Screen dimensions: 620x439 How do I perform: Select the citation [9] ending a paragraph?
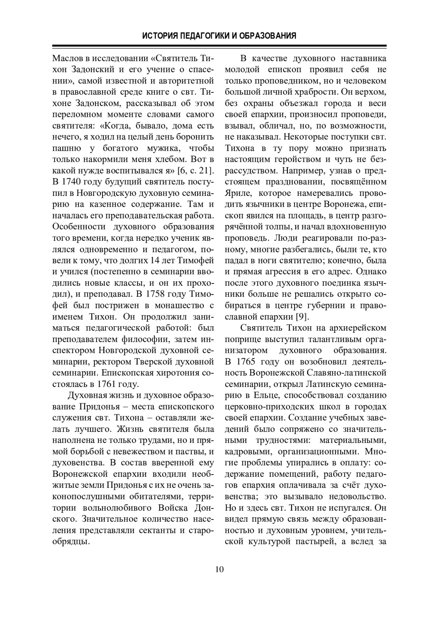point(304,316)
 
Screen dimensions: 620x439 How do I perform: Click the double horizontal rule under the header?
point(219,46)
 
